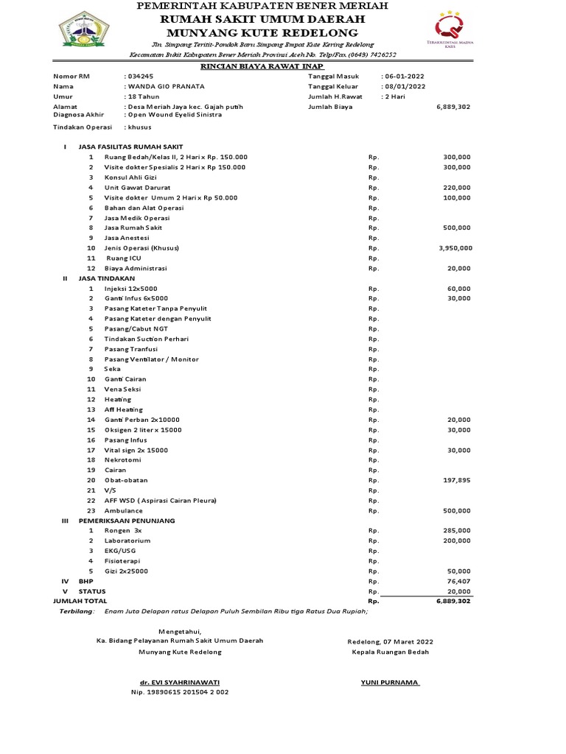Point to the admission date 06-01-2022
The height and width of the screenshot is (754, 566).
(405, 76)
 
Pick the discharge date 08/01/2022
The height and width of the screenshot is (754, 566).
(405, 86)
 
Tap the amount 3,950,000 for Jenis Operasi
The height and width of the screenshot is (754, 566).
(455, 248)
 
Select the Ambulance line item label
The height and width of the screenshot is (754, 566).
(123, 510)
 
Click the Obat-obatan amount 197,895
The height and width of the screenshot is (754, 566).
(458, 479)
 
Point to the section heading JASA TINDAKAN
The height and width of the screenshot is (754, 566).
(106, 279)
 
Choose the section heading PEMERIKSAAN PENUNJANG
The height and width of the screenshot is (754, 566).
(126, 520)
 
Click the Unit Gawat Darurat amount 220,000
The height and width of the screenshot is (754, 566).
(458, 187)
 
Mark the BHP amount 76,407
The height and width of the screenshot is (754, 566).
(459, 581)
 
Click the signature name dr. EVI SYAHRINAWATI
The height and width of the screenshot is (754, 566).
(179, 682)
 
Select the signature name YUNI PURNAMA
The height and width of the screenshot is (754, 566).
(390, 682)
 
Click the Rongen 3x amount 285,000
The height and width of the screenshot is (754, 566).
(458, 530)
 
